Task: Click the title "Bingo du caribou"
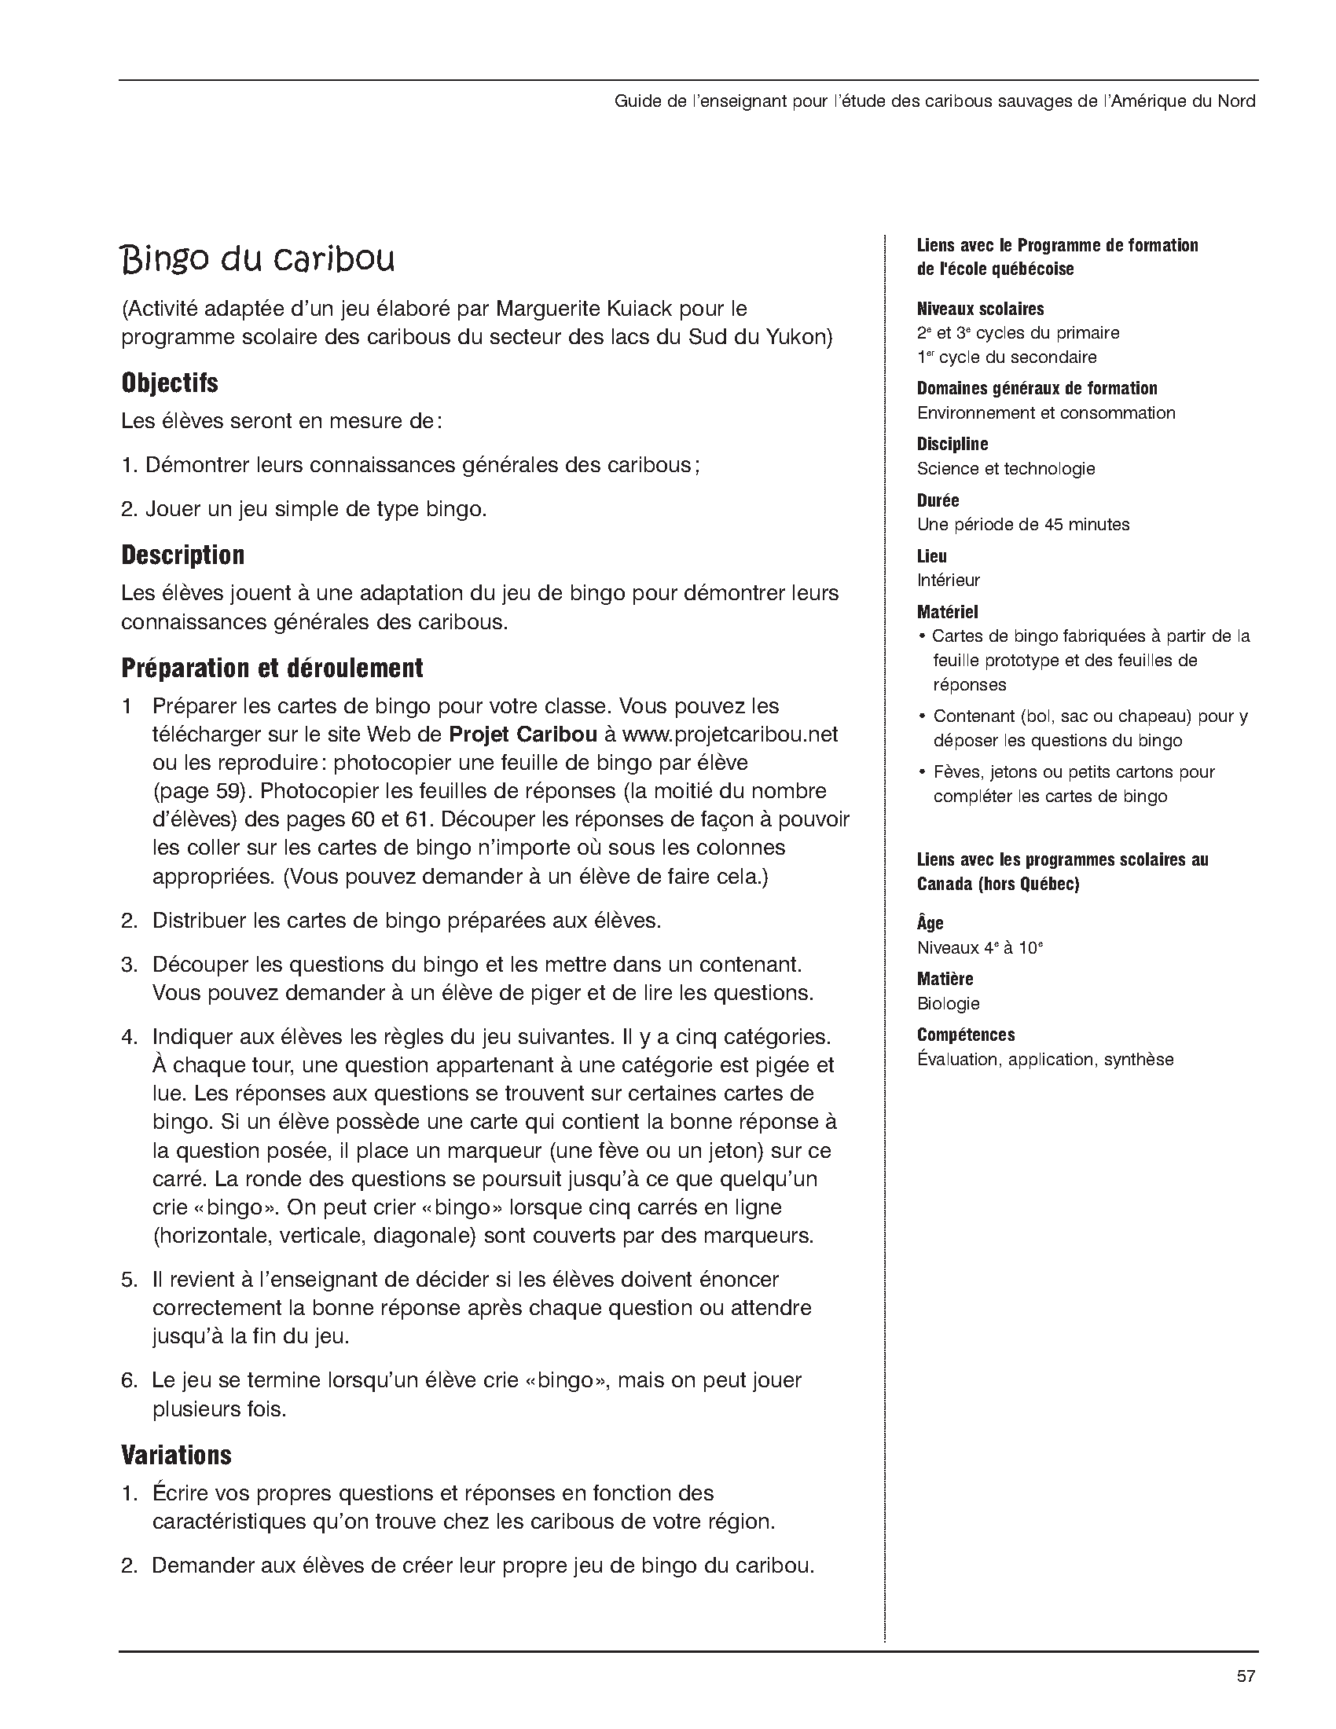[x=258, y=261]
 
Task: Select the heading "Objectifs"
[x=170, y=383]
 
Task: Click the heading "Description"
[x=183, y=555]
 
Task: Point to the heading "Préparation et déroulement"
[x=272, y=669]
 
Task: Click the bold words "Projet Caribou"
[x=523, y=734]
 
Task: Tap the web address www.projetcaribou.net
[x=729, y=734]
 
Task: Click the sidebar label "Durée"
[x=938, y=500]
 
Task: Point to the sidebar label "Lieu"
[x=931, y=555]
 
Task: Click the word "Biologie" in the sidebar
[x=948, y=1004]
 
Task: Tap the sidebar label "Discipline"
[x=952, y=444]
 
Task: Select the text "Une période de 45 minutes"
[x=1022, y=524]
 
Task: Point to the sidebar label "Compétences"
[x=965, y=1035]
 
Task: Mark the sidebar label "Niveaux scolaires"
[x=980, y=309]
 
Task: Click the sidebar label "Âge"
[x=930, y=923]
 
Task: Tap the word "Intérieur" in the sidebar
[x=948, y=581]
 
